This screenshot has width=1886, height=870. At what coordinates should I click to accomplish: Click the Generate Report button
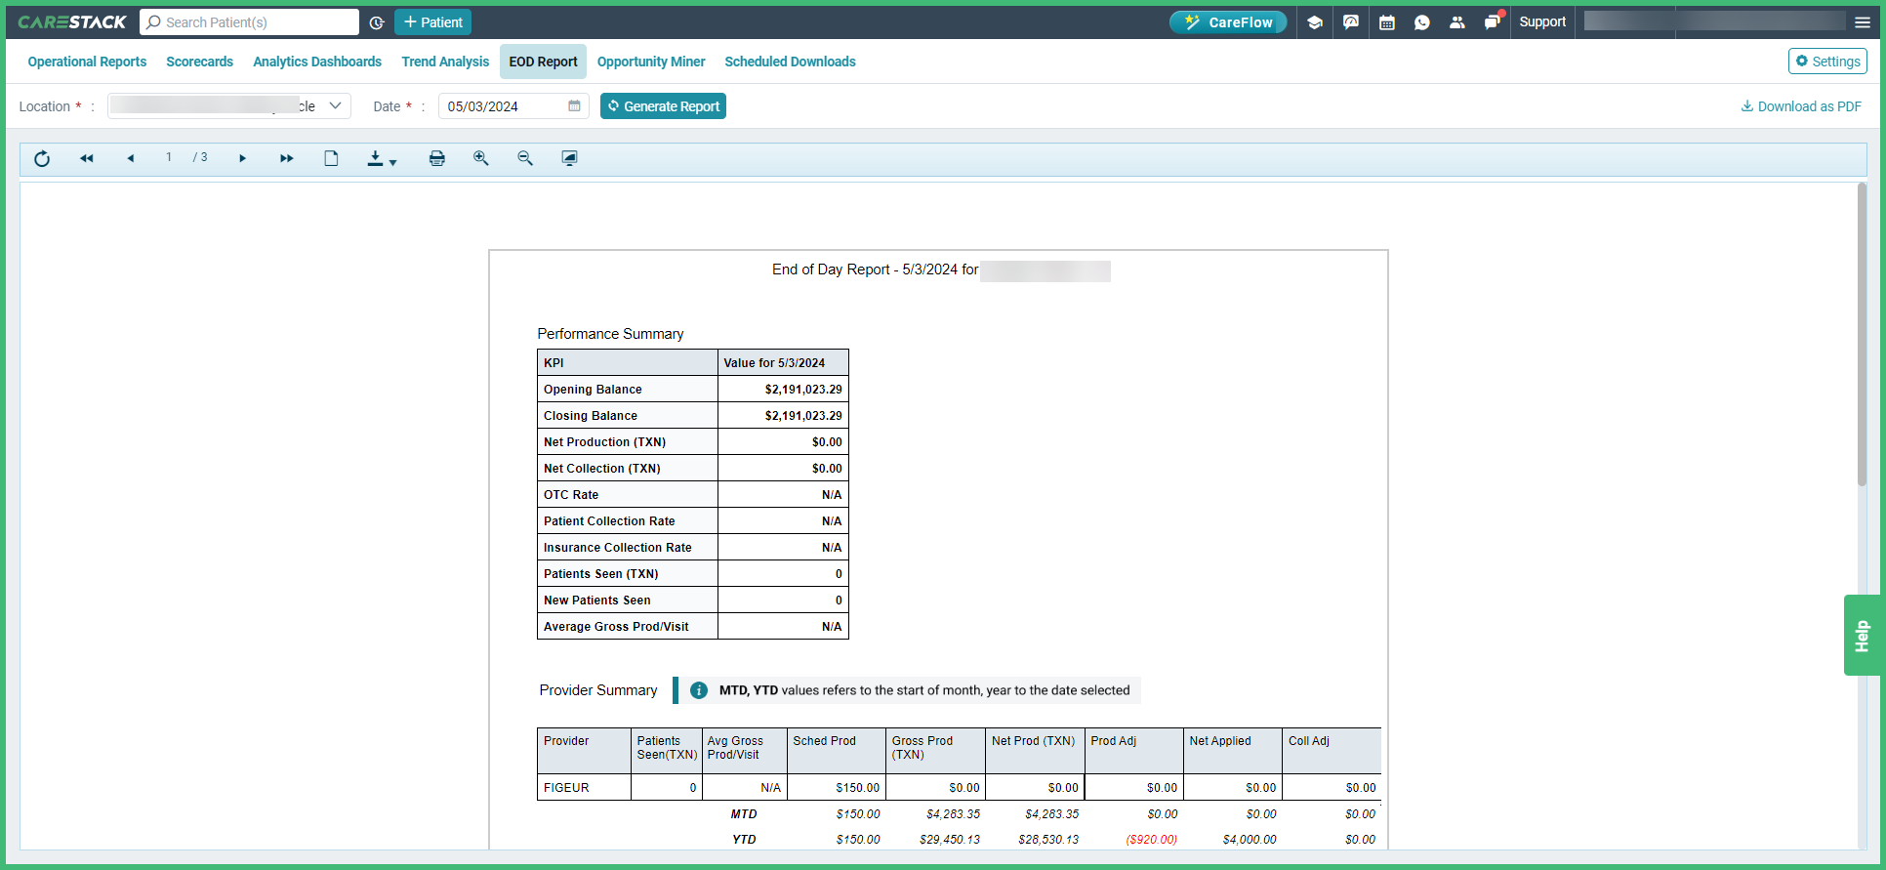click(663, 106)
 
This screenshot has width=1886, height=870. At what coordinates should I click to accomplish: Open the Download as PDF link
click(1801, 106)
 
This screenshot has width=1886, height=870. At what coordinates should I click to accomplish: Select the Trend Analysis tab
click(445, 62)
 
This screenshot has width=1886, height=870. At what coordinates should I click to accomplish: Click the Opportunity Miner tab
click(650, 62)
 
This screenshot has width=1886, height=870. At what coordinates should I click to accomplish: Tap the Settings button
click(1827, 62)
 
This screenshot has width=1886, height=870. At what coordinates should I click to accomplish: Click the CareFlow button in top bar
click(1228, 22)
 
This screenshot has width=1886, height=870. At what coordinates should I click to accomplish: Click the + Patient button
click(432, 22)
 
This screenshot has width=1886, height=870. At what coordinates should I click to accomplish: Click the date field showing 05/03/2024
click(504, 106)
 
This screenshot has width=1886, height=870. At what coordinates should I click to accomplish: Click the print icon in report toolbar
click(436, 158)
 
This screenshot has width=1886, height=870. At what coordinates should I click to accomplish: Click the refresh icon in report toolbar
click(42, 158)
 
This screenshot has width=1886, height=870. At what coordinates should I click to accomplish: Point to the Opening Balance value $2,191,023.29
click(802, 390)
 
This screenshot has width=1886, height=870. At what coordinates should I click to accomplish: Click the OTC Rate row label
click(571, 495)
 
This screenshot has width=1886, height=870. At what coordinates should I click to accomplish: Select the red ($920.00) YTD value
click(1151, 840)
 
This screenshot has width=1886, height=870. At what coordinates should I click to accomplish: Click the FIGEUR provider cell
click(567, 788)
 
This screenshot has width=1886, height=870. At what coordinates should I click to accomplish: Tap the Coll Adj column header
click(1308, 741)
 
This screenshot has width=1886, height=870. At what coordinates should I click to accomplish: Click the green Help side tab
click(1862, 636)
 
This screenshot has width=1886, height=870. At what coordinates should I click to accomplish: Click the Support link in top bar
click(1541, 22)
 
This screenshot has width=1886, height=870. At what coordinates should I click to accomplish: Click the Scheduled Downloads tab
click(789, 62)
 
